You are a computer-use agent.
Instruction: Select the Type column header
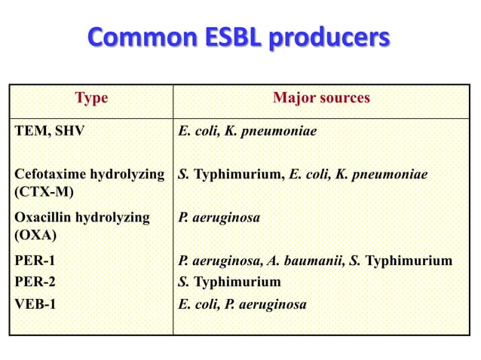(x=91, y=98)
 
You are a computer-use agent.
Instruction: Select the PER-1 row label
(x=35, y=261)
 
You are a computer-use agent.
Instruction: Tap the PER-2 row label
(x=35, y=282)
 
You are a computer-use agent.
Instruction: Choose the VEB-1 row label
(x=35, y=304)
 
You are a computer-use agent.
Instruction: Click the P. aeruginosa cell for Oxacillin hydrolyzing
(x=219, y=218)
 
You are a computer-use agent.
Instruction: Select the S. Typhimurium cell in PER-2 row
(x=229, y=282)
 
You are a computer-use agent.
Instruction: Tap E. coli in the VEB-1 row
(x=195, y=304)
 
